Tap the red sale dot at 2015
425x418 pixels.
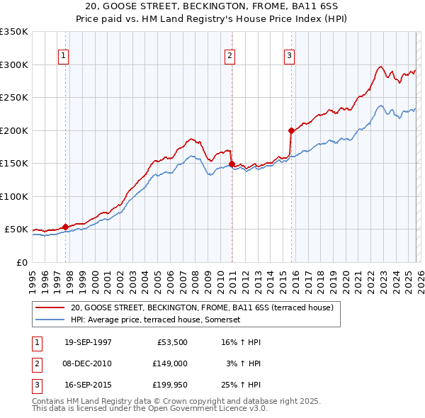291,130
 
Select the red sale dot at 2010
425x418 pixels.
232,164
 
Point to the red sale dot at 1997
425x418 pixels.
66,227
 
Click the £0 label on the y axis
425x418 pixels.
21,262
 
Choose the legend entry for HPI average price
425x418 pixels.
155,320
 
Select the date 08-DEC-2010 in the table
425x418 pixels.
88,363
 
